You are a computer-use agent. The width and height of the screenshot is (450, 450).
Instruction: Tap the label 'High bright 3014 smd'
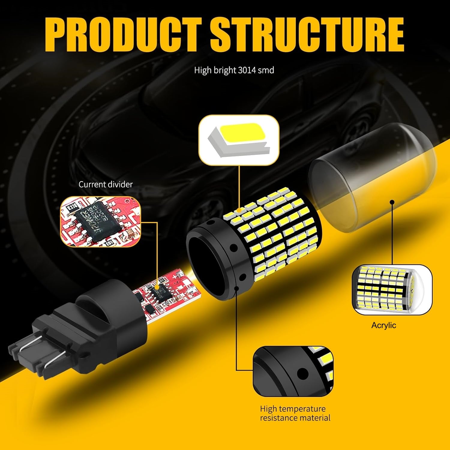pyautogui.click(x=234, y=70)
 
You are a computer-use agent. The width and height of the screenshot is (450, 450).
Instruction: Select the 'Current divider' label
pyautogui.click(x=105, y=184)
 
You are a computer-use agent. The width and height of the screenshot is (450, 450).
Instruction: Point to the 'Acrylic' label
pyautogui.click(x=383, y=325)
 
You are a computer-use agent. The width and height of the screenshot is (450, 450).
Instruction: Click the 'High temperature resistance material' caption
pyautogui.click(x=295, y=413)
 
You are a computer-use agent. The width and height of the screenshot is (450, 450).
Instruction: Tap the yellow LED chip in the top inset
pyautogui.click(x=240, y=131)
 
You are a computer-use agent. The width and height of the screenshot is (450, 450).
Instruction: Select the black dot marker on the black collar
pyautogui.click(x=237, y=288)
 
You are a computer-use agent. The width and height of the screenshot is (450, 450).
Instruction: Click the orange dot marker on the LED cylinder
pyautogui.click(x=239, y=211)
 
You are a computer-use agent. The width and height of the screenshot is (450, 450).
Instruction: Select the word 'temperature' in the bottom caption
pyautogui.click(x=303, y=409)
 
